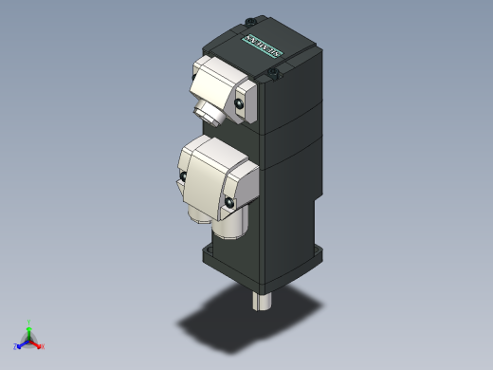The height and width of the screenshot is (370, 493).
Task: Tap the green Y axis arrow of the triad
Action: (29, 327)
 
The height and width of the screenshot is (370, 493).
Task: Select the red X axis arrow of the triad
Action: (38, 344)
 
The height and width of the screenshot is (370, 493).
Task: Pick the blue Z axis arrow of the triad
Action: (22, 344)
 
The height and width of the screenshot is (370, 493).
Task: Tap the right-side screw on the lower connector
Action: (229, 200)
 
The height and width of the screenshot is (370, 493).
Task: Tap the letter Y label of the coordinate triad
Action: (30, 321)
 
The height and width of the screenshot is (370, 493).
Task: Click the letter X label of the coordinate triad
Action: (44, 346)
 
